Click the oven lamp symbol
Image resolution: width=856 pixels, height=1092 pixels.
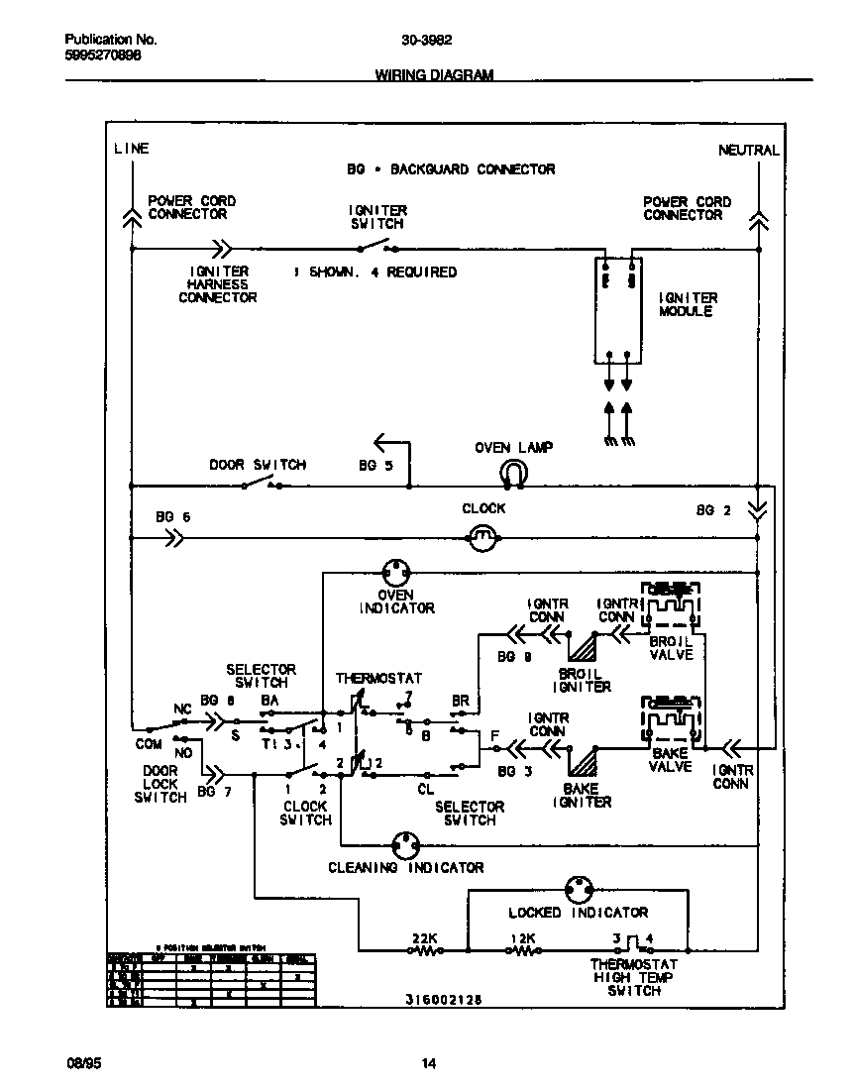pyautogui.click(x=513, y=474)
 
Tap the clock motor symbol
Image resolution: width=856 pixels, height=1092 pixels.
pyautogui.click(x=482, y=538)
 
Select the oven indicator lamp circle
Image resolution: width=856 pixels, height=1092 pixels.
pyautogui.click(x=396, y=572)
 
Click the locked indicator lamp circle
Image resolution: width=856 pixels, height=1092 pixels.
pyautogui.click(x=578, y=888)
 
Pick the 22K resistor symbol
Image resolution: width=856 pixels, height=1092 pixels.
pyautogui.click(x=426, y=950)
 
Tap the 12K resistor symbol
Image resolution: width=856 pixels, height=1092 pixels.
pyautogui.click(x=523, y=950)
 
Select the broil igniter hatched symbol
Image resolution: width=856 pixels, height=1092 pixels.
pyautogui.click(x=582, y=648)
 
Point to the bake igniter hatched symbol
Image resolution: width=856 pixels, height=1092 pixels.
pyautogui.click(x=582, y=761)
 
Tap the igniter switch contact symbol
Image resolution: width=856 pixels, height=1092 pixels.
pyautogui.click(x=377, y=247)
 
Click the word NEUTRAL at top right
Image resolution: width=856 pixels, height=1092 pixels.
pyautogui.click(x=748, y=151)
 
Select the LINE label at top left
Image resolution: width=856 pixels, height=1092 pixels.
pyautogui.click(x=131, y=149)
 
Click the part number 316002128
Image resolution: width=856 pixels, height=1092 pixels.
pyautogui.click(x=444, y=1000)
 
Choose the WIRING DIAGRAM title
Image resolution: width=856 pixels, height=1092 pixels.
pyautogui.click(x=434, y=75)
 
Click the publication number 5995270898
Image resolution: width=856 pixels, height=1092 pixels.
pyautogui.click(x=102, y=56)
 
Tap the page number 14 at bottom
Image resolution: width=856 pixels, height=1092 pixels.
pyautogui.click(x=428, y=1064)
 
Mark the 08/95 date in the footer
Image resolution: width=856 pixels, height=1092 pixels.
pyautogui.click(x=82, y=1064)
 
